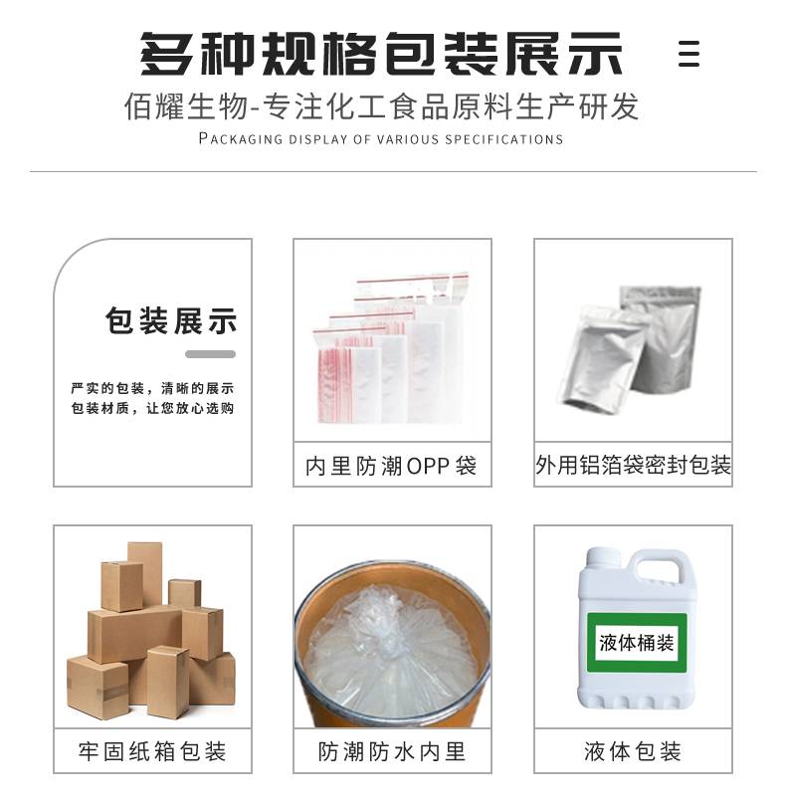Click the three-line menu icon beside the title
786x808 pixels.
(688, 54)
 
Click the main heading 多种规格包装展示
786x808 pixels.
(381, 54)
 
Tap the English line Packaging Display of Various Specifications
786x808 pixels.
(381, 138)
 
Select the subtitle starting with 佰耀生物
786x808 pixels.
(381, 106)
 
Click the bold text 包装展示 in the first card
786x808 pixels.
(171, 320)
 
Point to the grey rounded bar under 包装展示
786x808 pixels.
(210, 354)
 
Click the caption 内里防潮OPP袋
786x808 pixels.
(391, 466)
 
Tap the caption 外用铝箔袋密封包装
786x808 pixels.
(633, 465)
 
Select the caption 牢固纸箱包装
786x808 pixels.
(152, 751)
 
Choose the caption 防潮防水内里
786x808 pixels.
(392, 751)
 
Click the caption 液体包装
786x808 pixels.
(633, 751)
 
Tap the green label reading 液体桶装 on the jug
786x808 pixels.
(637, 643)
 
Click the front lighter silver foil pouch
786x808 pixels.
(602, 358)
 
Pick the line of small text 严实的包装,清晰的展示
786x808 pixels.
(152, 388)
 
